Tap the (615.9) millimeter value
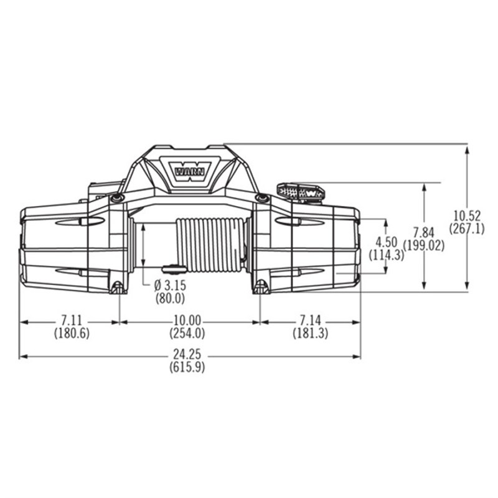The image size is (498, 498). (187, 367)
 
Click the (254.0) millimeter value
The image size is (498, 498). (187, 333)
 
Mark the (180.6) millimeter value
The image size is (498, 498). (72, 333)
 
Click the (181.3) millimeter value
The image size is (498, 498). (310, 333)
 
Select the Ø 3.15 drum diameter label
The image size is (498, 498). (170, 286)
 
